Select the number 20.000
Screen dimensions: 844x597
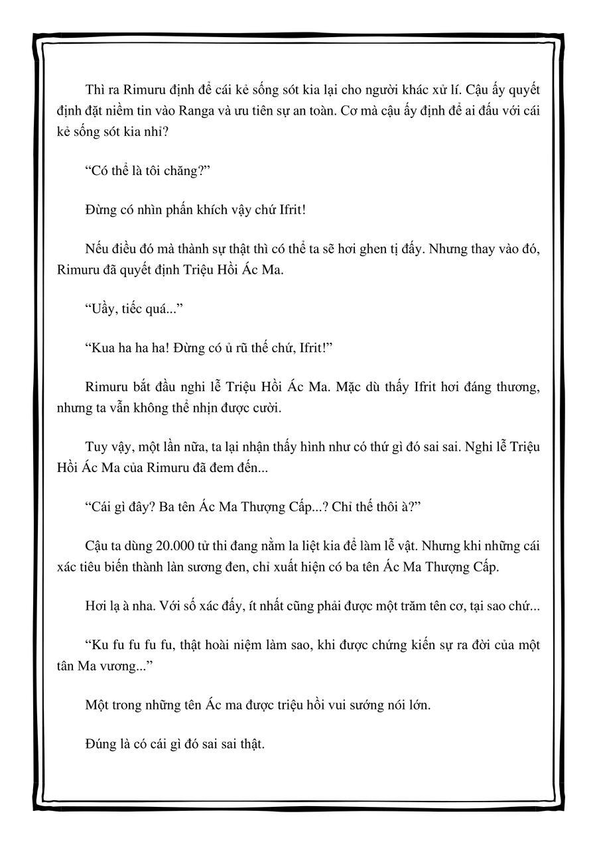pos(175,545)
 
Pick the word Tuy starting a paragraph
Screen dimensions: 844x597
pos(96,446)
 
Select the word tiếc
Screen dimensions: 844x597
pos(137,308)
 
